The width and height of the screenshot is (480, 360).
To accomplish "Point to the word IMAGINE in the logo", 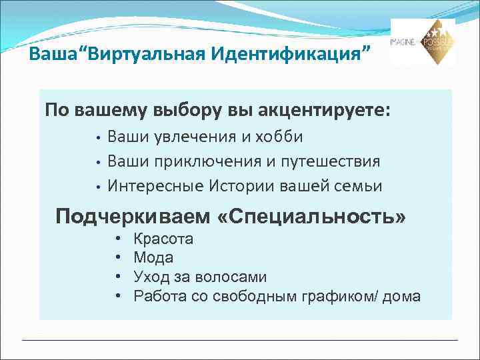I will click(x=404, y=41).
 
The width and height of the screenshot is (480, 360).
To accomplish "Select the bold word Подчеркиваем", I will click(x=133, y=217).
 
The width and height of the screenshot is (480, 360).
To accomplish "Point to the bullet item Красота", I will click(x=163, y=239).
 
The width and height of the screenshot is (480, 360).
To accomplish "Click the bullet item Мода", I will click(x=153, y=257).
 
